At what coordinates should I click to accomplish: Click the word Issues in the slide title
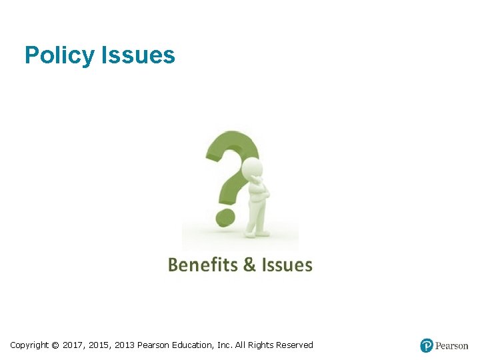139,55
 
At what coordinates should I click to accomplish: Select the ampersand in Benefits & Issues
249,265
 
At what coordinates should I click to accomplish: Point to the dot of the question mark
226,217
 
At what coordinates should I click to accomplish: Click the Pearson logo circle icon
427,345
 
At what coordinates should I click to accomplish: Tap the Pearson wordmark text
451,346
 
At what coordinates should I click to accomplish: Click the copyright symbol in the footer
55,345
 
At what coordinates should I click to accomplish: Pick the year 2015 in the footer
99,345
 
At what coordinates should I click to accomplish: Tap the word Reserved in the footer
294,345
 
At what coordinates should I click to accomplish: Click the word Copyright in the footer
29,345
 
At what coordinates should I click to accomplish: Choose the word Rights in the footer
261,345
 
